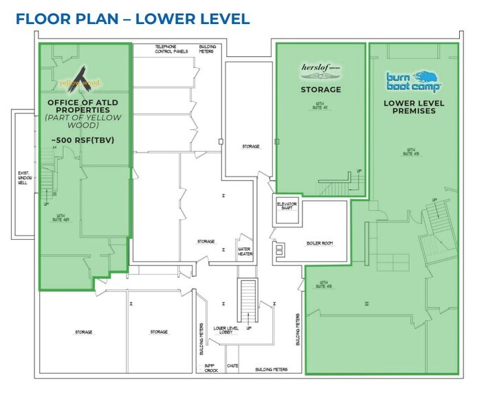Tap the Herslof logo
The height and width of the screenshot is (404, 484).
point(320,69)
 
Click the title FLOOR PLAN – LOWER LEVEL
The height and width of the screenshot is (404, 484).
point(132,19)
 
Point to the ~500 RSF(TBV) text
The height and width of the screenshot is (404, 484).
point(82,141)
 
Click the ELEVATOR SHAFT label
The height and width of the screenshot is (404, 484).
point(286,206)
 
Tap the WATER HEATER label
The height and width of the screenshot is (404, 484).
point(245,251)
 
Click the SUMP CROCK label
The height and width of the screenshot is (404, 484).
point(212,368)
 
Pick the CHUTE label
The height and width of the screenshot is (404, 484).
point(232,366)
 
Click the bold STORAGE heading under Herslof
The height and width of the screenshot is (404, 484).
point(320,89)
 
